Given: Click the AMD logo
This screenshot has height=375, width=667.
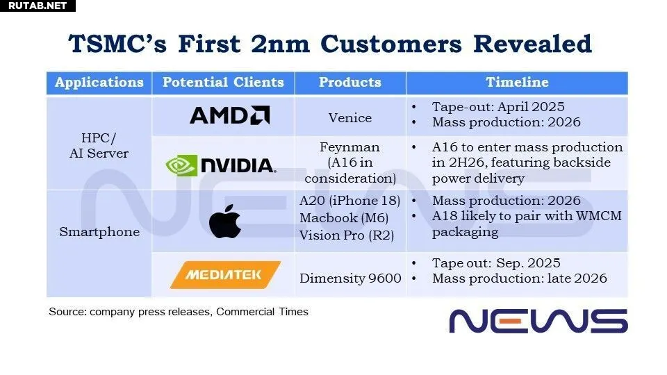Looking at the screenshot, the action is pyautogui.click(x=230, y=115).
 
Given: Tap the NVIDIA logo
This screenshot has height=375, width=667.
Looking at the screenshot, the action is pyautogui.click(x=221, y=165).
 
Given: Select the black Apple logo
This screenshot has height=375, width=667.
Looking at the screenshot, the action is pyautogui.click(x=225, y=221).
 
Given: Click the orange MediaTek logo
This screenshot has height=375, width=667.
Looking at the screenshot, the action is pyautogui.click(x=225, y=275).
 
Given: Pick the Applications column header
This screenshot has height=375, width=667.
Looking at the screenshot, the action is pyautogui.click(x=99, y=83).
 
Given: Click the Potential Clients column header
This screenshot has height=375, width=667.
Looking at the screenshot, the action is pyautogui.click(x=223, y=82).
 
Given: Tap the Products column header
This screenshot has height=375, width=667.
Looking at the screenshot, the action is pyautogui.click(x=350, y=82).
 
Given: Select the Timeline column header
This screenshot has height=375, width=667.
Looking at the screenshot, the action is pyautogui.click(x=517, y=82).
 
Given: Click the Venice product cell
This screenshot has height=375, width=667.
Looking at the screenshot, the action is pyautogui.click(x=350, y=118).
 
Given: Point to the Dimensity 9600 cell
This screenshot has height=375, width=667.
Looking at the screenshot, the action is pyautogui.click(x=350, y=278).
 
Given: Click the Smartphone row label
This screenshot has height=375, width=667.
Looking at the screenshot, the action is pyautogui.click(x=99, y=232).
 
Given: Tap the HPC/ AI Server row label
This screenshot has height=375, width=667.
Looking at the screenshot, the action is pyautogui.click(x=99, y=145).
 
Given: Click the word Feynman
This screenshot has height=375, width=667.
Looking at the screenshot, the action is pyautogui.click(x=349, y=147).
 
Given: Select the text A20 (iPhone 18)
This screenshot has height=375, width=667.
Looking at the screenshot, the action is pyautogui.click(x=349, y=200).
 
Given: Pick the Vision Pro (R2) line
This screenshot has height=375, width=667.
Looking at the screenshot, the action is pyautogui.click(x=347, y=235).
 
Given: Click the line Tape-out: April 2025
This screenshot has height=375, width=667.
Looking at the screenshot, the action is pyautogui.click(x=498, y=107).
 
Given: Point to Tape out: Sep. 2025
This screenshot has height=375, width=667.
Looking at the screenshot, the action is pyautogui.click(x=496, y=262).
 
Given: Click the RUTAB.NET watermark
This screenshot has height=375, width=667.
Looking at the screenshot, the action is pyautogui.click(x=38, y=6).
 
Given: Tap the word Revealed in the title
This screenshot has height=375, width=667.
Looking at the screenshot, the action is pyautogui.click(x=532, y=44).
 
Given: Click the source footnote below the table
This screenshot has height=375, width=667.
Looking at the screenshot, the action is pyautogui.click(x=179, y=312).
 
